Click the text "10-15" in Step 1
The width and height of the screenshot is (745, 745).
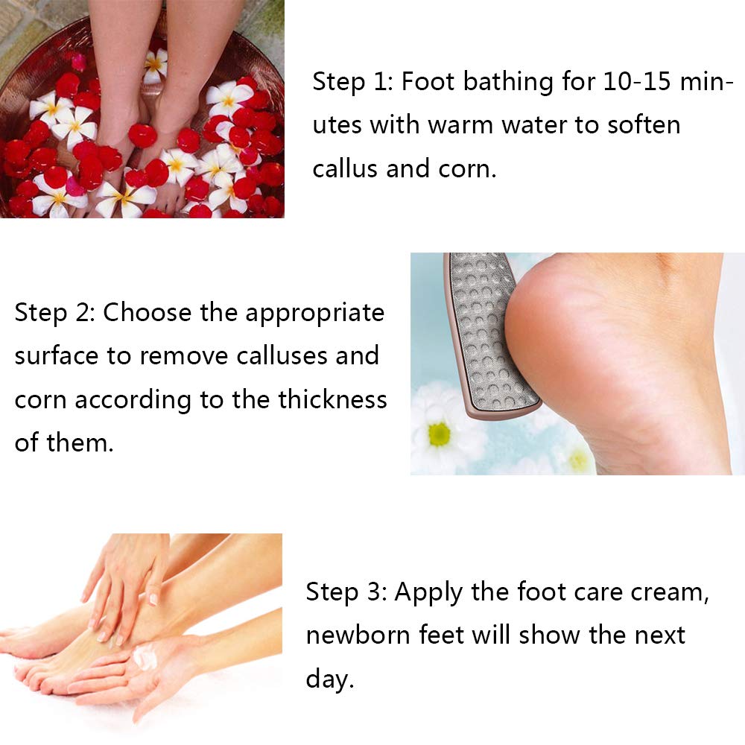pyautogui.click(x=637, y=81)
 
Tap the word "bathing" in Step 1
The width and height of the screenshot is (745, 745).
pyautogui.click(x=508, y=83)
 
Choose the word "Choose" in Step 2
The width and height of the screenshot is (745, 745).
pyautogui.click(x=148, y=313)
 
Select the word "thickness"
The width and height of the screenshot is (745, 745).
pyautogui.click(x=332, y=399)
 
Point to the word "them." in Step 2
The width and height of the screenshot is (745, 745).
pyautogui.click(x=80, y=443)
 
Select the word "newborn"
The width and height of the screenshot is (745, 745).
pyautogui.click(x=358, y=635)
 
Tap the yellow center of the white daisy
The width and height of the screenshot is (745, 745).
pyautogui.click(x=440, y=434)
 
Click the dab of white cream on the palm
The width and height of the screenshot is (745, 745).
pyautogui.click(x=145, y=658)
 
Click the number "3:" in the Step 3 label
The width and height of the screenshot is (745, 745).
pyautogui.click(x=377, y=592)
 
